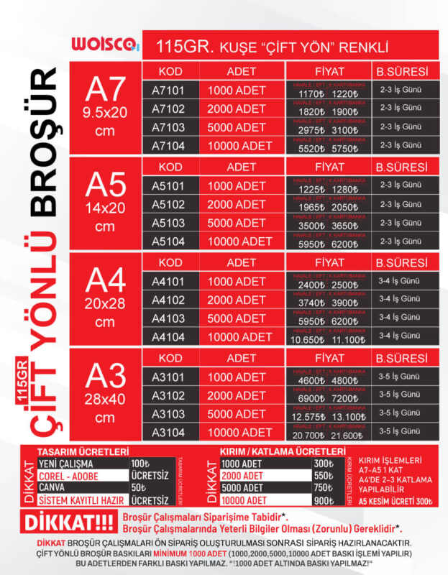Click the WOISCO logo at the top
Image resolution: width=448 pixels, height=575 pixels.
click(x=104, y=45)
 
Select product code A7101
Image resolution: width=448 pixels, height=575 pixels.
click(x=169, y=91)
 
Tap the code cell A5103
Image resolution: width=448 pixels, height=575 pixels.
click(x=169, y=224)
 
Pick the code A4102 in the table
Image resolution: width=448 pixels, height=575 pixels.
click(x=169, y=300)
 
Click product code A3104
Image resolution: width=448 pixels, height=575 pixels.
click(x=169, y=433)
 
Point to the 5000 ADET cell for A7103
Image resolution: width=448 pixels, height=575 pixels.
click(x=237, y=127)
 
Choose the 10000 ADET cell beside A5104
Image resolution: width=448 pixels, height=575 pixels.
click(x=241, y=242)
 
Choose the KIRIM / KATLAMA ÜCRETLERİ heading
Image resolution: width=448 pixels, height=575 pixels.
click(x=272, y=451)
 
